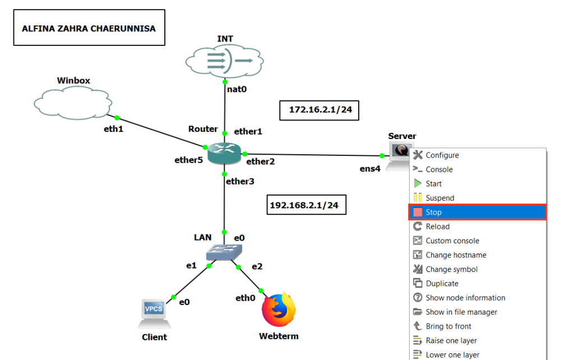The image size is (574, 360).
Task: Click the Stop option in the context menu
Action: point(433,213)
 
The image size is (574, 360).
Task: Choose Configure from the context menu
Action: point(442,155)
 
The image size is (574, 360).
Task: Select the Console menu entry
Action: point(439,169)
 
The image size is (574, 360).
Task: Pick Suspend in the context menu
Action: point(439,198)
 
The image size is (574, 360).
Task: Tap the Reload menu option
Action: point(437,227)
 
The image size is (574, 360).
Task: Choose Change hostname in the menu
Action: point(456,255)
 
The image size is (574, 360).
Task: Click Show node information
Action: point(465,298)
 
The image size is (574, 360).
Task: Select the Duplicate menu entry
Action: point(442,284)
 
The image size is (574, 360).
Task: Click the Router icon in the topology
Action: point(224,153)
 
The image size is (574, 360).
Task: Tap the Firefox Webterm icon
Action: point(279,310)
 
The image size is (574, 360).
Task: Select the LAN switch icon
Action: point(223,252)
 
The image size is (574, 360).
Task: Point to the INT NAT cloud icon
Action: point(225,60)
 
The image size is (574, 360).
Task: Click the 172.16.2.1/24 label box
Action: point(320,110)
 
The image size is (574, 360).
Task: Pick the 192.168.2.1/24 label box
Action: point(306,205)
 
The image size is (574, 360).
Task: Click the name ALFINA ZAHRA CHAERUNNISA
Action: point(89,27)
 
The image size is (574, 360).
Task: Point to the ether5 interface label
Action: point(188,160)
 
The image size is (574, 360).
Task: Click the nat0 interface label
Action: point(238,89)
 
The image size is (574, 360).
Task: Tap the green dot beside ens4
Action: point(382,155)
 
